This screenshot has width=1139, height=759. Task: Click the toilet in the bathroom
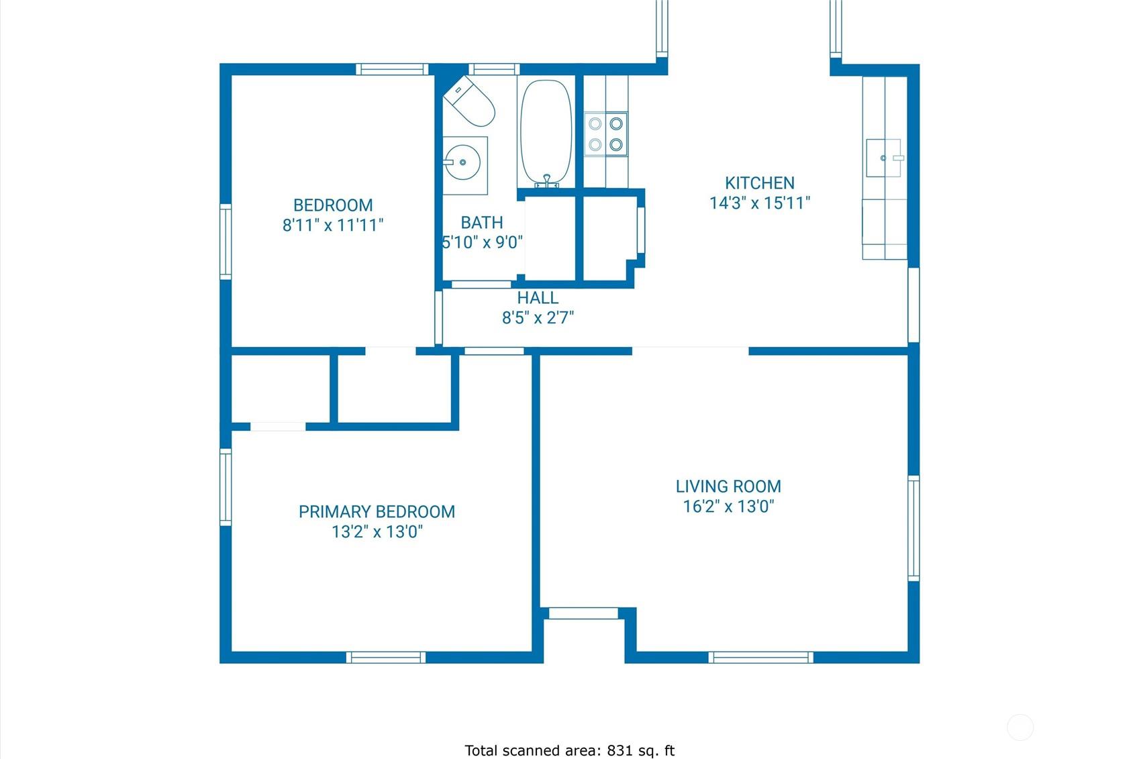469,102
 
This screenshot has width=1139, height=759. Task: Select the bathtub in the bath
546,132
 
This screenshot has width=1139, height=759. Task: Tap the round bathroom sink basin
462,162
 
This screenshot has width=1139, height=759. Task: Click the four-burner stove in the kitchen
605,134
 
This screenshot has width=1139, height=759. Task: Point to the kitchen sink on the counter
885,158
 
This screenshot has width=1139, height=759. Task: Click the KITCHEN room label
759,183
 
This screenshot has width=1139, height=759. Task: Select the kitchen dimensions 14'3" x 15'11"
759,203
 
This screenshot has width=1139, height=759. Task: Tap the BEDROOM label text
333,205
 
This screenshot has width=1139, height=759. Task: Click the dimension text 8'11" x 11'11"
333,225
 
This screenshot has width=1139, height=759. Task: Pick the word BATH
481,223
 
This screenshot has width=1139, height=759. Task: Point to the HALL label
538,298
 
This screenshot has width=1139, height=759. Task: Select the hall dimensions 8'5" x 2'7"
538,317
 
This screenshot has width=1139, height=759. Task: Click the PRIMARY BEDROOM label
377,512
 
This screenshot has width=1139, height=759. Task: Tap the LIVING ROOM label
728,487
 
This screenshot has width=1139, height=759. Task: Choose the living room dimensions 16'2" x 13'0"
728,507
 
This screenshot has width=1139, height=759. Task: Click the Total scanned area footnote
569,750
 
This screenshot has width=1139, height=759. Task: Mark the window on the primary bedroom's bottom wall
386,657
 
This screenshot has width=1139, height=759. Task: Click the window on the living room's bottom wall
760,657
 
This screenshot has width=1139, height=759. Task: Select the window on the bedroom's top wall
392,69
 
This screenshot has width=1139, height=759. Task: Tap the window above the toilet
494,69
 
